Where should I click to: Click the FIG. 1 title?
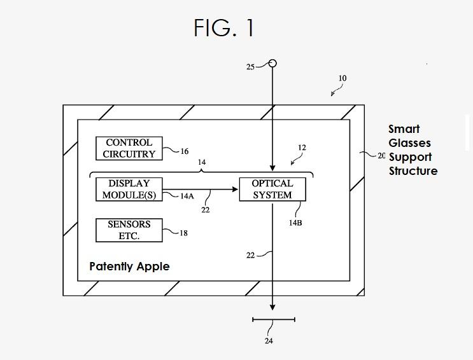(224, 28)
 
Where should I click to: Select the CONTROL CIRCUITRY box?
(129, 148)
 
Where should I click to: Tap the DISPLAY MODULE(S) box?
(129, 189)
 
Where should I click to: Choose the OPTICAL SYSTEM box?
(272, 189)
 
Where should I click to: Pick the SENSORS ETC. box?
(129, 230)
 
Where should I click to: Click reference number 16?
(184, 151)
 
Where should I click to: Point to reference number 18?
(183, 233)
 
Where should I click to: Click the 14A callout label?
(186, 196)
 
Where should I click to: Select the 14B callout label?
(295, 223)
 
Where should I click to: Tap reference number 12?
(302, 148)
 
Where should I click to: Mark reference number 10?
(342, 79)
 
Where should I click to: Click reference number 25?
(251, 67)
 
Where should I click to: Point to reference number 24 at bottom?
(269, 341)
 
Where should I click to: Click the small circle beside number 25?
(272, 63)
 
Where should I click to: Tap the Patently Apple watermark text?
(129, 267)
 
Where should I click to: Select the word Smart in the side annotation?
(404, 129)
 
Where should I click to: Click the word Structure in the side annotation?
(413, 171)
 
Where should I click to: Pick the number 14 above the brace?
(201, 163)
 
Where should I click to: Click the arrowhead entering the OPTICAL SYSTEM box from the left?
(235, 189)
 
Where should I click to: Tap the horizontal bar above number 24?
(273, 319)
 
